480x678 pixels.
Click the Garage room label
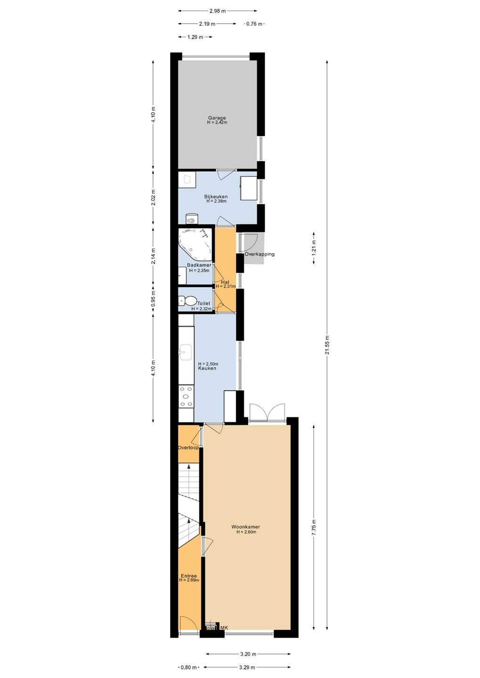[217, 118]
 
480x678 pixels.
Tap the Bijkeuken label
[216, 196]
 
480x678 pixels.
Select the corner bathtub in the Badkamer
[196, 244]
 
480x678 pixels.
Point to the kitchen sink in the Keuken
[186, 352]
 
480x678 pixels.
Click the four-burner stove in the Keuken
[186, 396]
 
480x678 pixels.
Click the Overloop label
[188, 448]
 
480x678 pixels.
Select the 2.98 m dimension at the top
[217, 11]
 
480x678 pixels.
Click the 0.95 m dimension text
[153, 299]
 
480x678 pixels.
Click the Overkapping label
[259, 254]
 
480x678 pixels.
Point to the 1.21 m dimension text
[314, 248]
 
